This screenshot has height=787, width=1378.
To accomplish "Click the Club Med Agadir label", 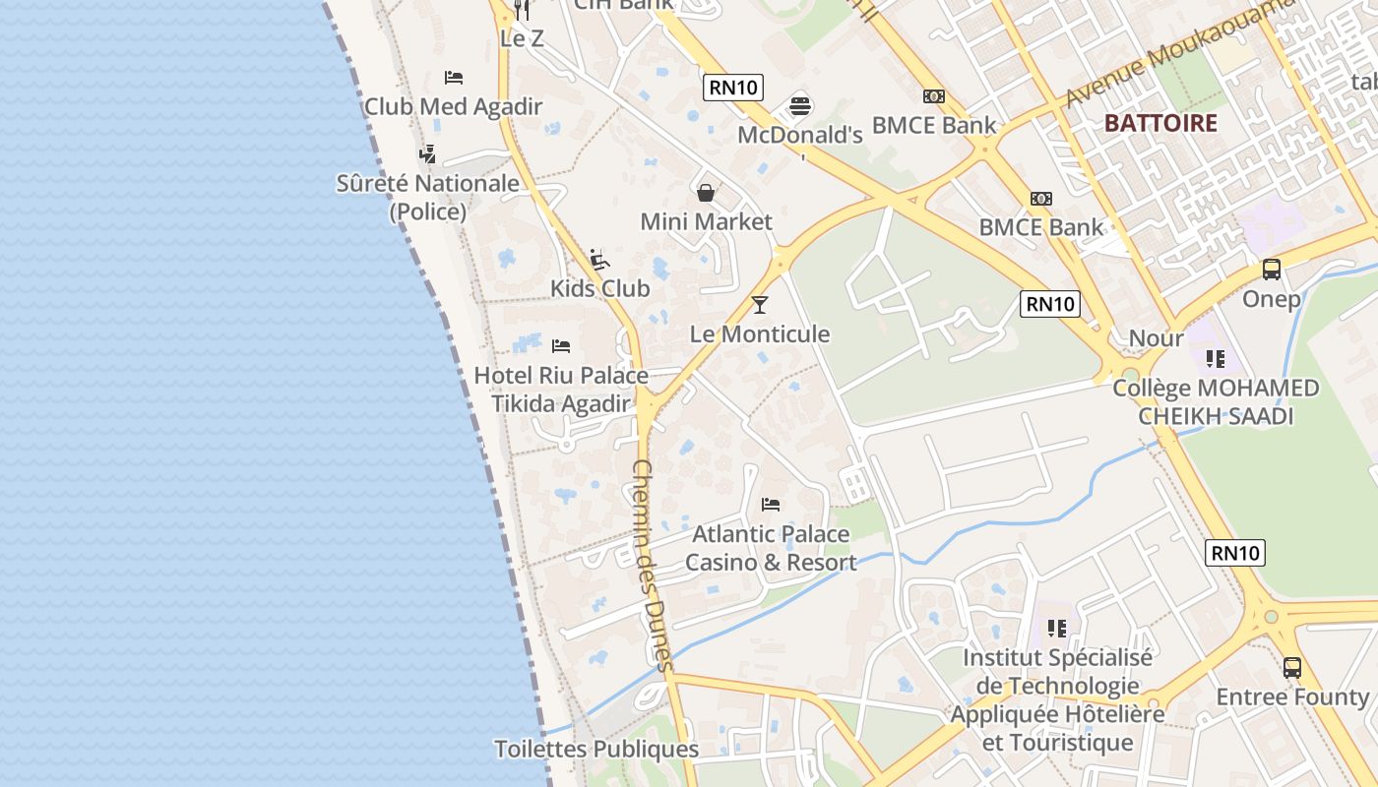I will (x=453, y=106).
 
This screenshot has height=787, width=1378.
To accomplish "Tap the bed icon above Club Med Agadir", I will (x=454, y=77).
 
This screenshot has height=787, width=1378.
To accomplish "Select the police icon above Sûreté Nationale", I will (x=427, y=154).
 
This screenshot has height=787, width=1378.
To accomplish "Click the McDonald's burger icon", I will (x=800, y=106).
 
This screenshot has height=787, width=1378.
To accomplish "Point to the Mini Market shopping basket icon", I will (x=706, y=193).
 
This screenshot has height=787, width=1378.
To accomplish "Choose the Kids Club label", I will (x=599, y=288).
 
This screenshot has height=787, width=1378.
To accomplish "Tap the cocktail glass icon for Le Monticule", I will (x=759, y=305).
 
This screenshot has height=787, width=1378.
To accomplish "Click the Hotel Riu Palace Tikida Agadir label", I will (x=561, y=390).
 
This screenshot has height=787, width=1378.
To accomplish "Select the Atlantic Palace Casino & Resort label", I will (x=771, y=548).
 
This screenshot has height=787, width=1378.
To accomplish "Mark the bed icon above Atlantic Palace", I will (x=771, y=505).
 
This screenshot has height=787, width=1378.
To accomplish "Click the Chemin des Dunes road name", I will (x=652, y=565).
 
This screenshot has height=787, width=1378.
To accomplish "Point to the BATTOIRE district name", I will (x=1160, y=124).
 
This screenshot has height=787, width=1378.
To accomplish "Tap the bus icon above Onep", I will (x=1271, y=270).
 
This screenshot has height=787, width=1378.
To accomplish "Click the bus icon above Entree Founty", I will (x=1292, y=668).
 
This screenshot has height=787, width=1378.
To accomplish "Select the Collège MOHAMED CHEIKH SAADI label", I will (x=1216, y=401).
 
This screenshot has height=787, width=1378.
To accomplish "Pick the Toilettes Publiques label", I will (x=595, y=749).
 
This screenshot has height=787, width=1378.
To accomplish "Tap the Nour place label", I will (x=1156, y=338).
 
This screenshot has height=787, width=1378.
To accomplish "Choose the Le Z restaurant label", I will (x=521, y=39).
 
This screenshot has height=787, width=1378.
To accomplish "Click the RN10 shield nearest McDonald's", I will (x=733, y=87).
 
